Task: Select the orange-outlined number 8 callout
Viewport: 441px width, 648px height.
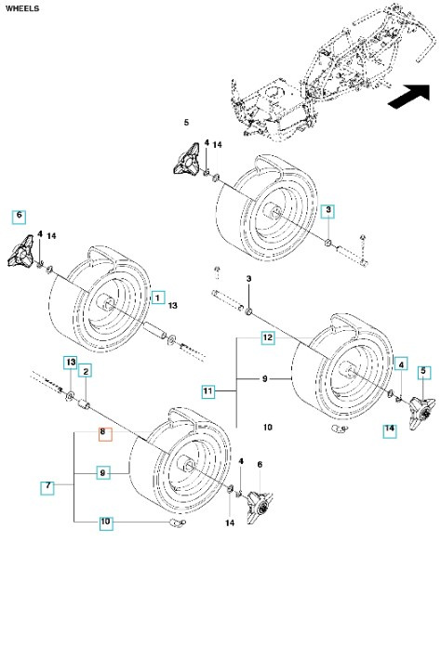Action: (105, 433)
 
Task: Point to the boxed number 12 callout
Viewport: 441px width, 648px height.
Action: (267, 338)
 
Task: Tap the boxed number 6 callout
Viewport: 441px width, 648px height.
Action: (19, 217)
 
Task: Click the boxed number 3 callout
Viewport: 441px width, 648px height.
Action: (328, 212)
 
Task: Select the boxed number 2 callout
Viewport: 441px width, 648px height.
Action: (86, 371)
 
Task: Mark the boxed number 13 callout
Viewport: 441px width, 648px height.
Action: (70, 361)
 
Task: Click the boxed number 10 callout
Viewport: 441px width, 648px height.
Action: (105, 523)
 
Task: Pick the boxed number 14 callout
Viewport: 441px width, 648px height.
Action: (390, 429)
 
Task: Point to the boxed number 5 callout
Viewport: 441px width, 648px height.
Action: (423, 371)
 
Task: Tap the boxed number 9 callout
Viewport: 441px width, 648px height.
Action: (105, 473)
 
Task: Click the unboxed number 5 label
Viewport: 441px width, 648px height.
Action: (186, 123)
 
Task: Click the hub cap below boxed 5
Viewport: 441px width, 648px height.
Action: (415, 404)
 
